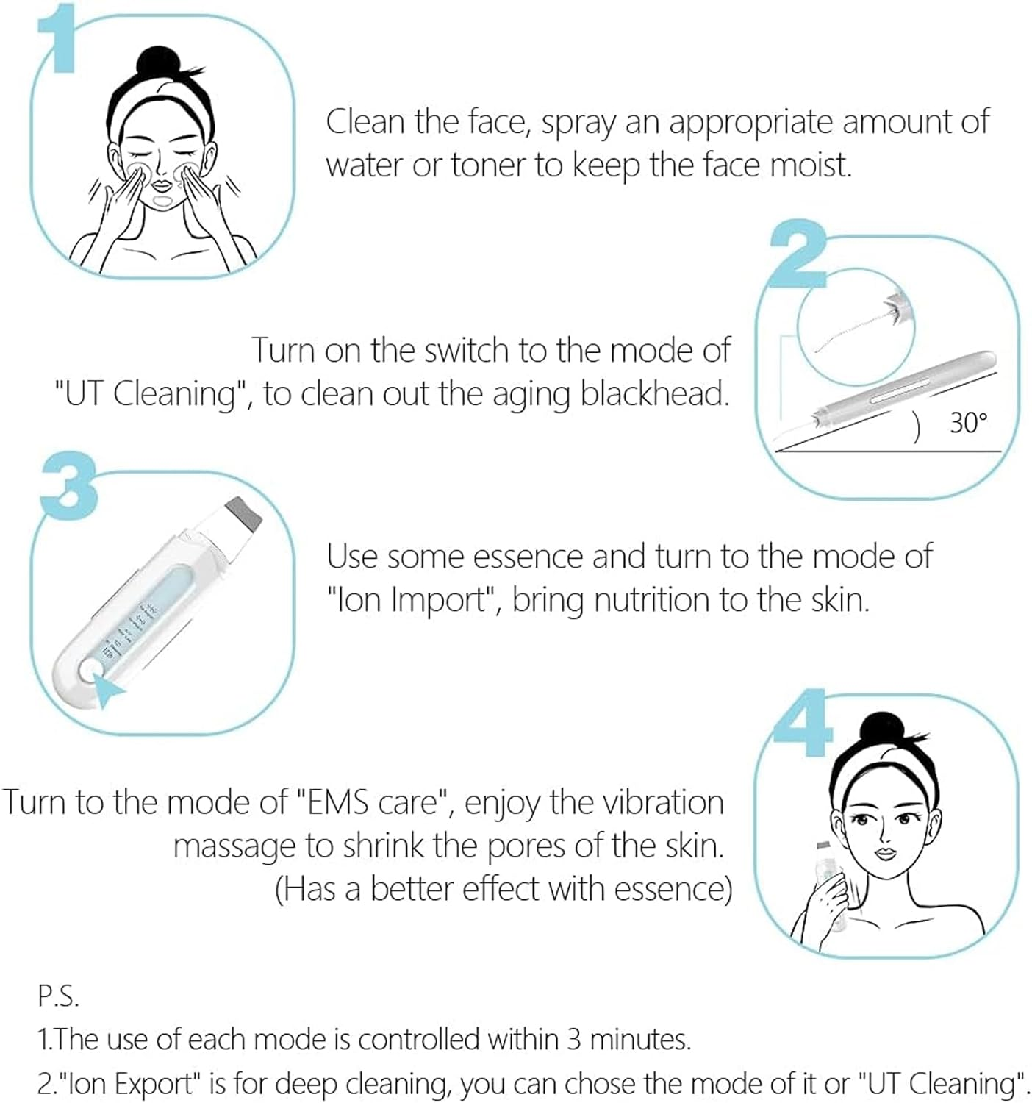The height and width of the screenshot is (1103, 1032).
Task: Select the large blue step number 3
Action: click(68, 486)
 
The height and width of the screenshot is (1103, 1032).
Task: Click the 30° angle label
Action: click(968, 423)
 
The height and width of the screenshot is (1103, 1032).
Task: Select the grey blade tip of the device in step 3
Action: click(244, 513)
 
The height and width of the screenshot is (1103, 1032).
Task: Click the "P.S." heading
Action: click(58, 996)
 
